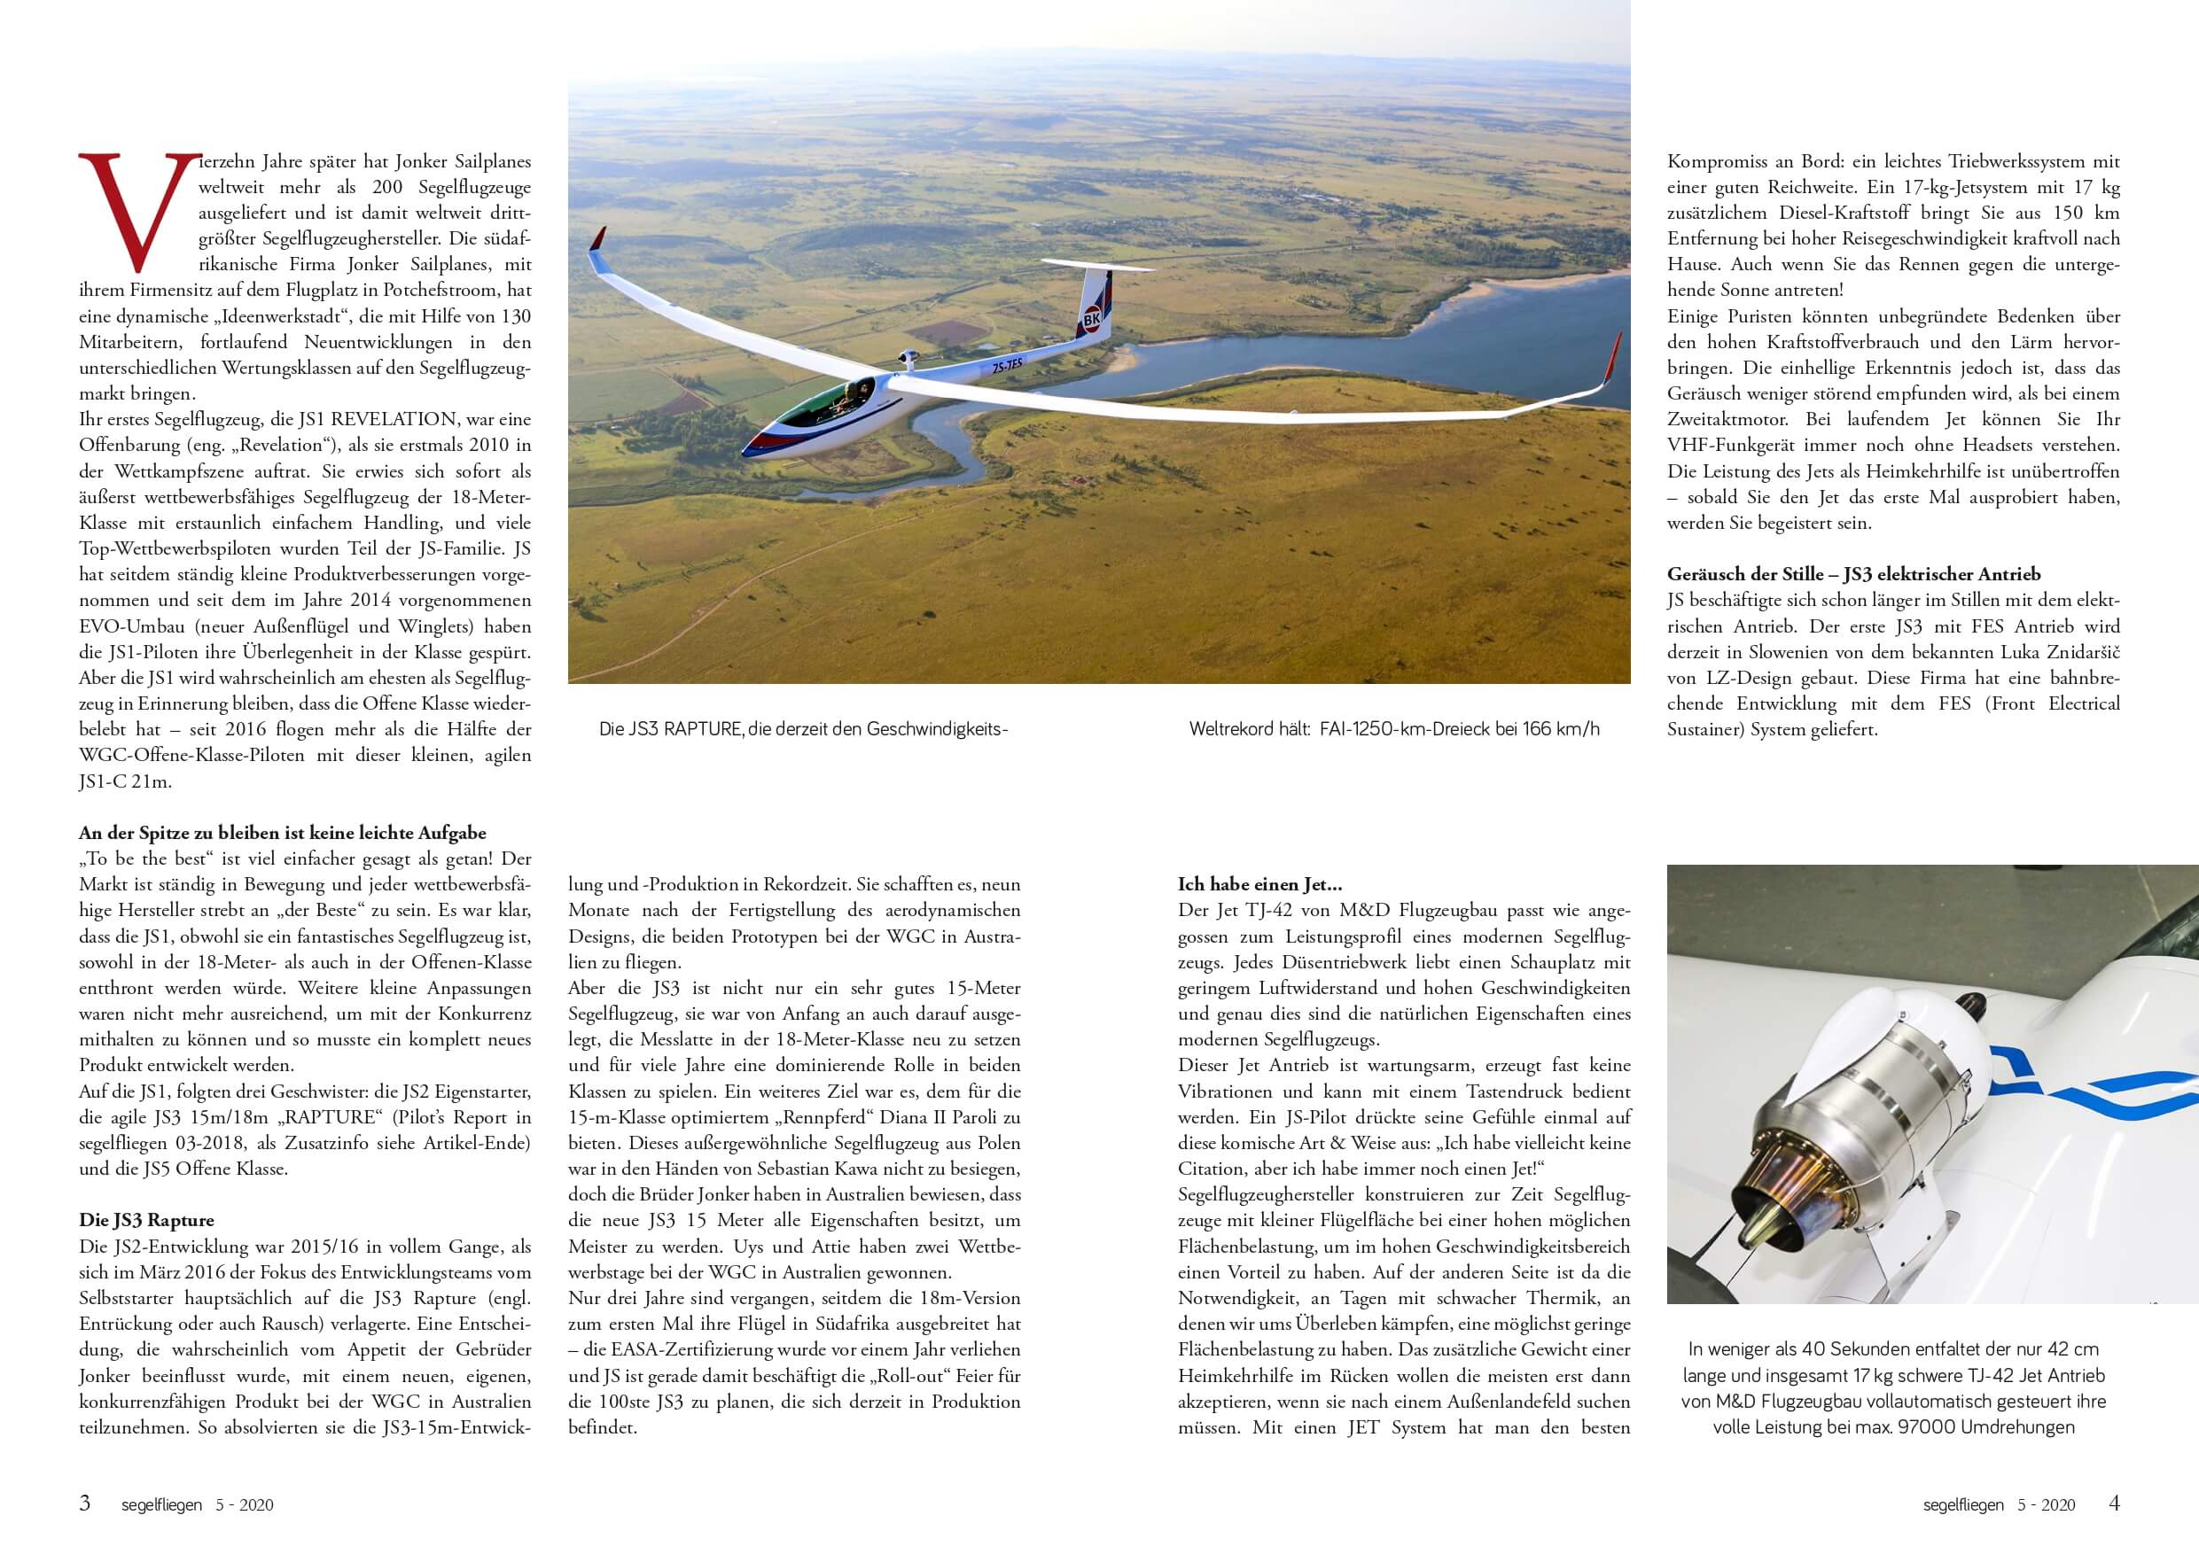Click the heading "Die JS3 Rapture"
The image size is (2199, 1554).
[x=146, y=1220]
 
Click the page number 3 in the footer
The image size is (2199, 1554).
[x=85, y=1503]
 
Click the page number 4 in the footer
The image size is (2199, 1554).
[x=2114, y=1503]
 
